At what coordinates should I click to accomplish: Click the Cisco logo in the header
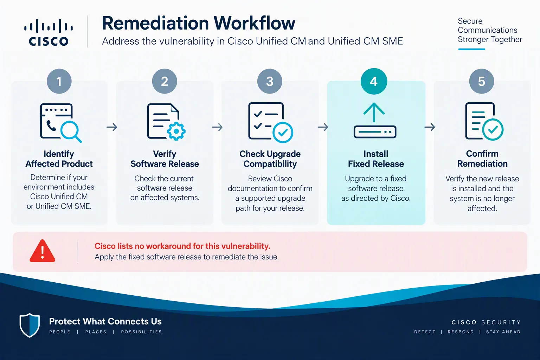pyautogui.click(x=49, y=32)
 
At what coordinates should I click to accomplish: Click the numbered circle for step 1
pyautogui.click(x=59, y=81)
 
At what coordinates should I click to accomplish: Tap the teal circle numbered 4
pyautogui.click(x=374, y=81)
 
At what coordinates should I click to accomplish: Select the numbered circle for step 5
pyautogui.click(x=481, y=81)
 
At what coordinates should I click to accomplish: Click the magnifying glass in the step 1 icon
pyautogui.click(x=71, y=131)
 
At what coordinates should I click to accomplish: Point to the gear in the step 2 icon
pyautogui.click(x=176, y=131)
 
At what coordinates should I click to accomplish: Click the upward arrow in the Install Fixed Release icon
pyautogui.click(x=374, y=112)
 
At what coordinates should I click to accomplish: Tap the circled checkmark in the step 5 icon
pyautogui.click(x=493, y=129)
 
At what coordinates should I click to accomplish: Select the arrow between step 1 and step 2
pyautogui.click(x=112, y=127)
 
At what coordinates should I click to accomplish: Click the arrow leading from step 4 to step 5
pyautogui.click(x=430, y=127)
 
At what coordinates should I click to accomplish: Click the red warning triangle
pyautogui.click(x=43, y=251)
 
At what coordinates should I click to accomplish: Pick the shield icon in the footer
pyautogui.click(x=30, y=325)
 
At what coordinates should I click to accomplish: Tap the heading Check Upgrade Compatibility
pyautogui.click(x=270, y=159)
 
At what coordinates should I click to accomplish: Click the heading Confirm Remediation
pyautogui.click(x=482, y=159)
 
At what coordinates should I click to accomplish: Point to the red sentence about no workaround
pyautogui.click(x=182, y=246)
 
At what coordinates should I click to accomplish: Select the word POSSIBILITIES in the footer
pyautogui.click(x=141, y=332)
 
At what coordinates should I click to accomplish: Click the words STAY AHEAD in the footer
pyautogui.click(x=503, y=332)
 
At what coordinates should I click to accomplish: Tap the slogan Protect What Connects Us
pyautogui.click(x=105, y=321)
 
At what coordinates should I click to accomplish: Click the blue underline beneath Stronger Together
pyautogui.click(x=471, y=49)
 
